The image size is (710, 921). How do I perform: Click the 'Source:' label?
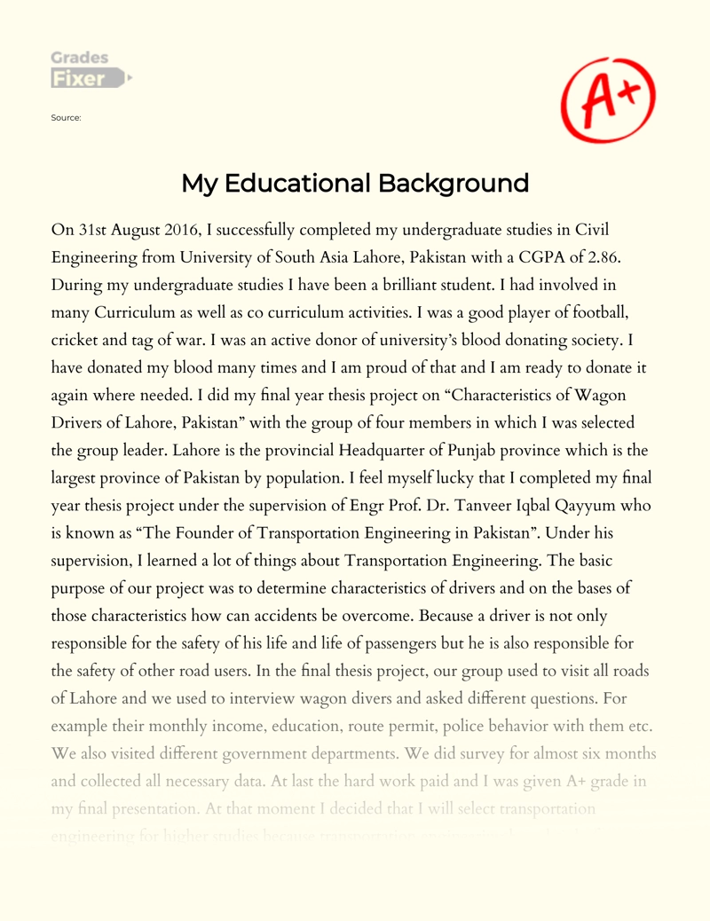coord(67,117)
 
